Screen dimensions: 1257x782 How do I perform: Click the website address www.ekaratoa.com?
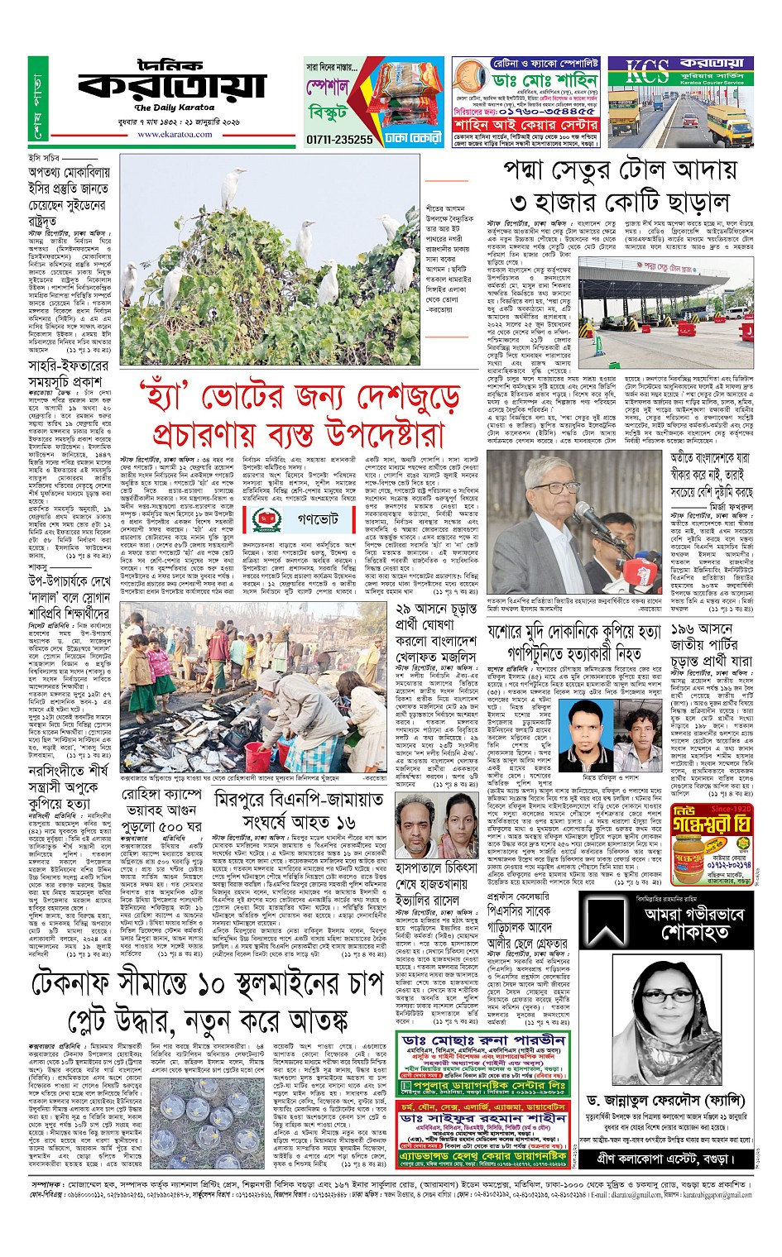175,134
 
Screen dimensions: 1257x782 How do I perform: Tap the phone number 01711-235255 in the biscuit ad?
339,140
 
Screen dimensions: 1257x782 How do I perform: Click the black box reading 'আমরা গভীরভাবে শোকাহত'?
666,922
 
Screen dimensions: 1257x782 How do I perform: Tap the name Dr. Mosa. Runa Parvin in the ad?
483,1040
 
